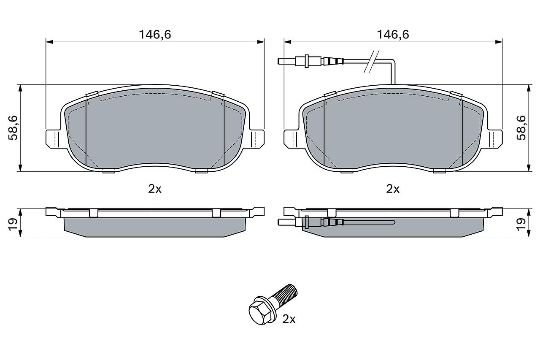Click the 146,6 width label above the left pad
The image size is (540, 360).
[155, 35]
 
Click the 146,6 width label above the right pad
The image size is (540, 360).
[393, 35]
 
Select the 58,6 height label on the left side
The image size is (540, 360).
[13, 128]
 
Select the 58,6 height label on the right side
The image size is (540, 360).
[521, 128]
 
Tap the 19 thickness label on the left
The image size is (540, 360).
[13, 225]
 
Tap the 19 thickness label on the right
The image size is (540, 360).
[521, 225]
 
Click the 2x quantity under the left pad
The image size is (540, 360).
[155, 189]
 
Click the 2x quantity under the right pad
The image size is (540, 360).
[393, 189]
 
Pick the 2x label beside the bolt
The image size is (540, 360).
[289, 319]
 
